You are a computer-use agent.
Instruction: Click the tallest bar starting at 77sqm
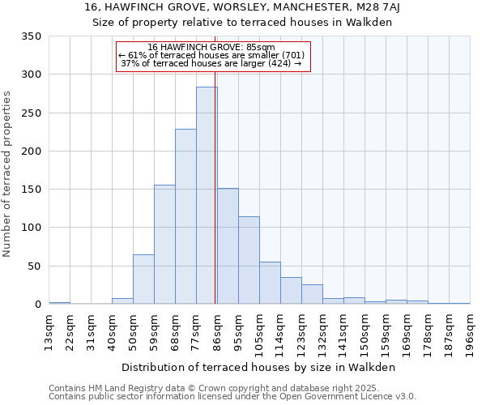click(207, 195)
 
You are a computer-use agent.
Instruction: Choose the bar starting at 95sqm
click(249, 260)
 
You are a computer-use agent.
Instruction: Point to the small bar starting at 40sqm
click(122, 301)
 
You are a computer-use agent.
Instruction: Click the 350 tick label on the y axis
click(31, 36)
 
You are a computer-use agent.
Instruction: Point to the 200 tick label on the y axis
click(31, 151)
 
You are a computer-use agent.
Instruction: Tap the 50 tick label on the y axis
click(34, 266)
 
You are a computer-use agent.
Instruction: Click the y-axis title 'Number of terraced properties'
click(7, 174)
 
